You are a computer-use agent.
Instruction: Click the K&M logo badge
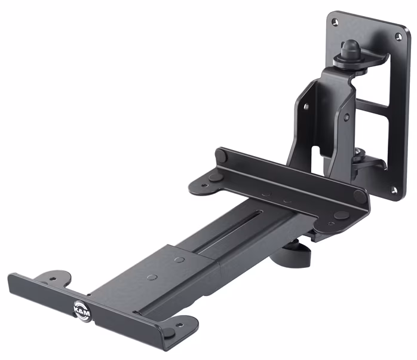pos(80,309)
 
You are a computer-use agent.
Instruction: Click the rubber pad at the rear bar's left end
pos(222,156)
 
